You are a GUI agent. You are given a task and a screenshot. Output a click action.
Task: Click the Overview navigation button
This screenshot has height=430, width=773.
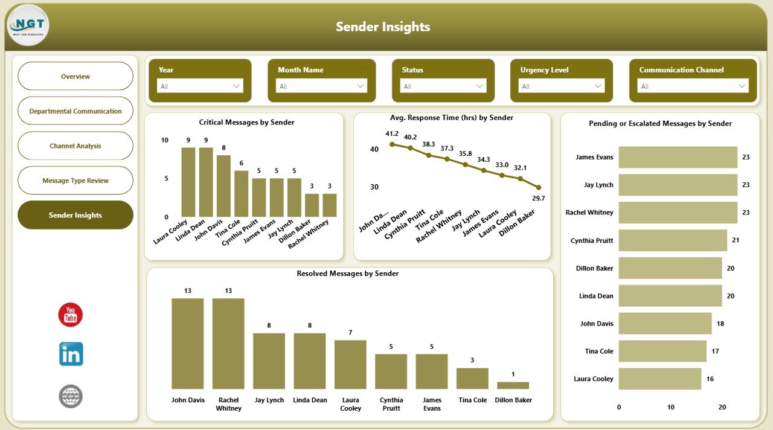(75, 77)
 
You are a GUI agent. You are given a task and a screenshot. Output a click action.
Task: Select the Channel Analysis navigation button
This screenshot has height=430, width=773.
(75, 146)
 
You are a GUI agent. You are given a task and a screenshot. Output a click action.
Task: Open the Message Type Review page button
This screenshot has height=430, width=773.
(75, 181)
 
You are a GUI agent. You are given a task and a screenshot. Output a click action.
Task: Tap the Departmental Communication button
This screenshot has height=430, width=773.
(75, 111)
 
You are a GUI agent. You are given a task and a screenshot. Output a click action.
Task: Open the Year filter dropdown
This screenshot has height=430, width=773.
(200, 86)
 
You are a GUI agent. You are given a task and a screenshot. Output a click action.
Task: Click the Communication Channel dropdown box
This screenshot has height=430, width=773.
(693, 86)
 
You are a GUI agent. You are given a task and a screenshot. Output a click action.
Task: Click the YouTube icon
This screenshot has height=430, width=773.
(71, 315)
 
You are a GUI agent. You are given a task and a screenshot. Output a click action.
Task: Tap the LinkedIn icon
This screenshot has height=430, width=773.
(71, 355)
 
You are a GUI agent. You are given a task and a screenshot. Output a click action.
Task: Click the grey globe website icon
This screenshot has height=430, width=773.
(71, 396)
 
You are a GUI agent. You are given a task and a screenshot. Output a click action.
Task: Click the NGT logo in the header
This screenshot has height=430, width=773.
(28, 26)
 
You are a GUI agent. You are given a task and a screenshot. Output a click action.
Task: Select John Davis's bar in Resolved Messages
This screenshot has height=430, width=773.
(187, 344)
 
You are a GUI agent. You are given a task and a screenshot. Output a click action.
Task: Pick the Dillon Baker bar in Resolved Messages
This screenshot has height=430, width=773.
(513, 385)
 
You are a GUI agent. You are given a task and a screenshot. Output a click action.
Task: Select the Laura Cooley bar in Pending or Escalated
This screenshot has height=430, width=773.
(659, 379)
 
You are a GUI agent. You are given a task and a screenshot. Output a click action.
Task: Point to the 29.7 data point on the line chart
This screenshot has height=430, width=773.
(539, 187)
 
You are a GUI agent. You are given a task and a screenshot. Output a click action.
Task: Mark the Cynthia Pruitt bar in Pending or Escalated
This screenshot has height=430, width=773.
(673, 240)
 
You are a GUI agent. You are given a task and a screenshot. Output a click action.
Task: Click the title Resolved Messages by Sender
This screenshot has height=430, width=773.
(347, 274)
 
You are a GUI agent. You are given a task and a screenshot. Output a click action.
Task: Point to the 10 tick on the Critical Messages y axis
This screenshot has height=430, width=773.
(165, 140)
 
